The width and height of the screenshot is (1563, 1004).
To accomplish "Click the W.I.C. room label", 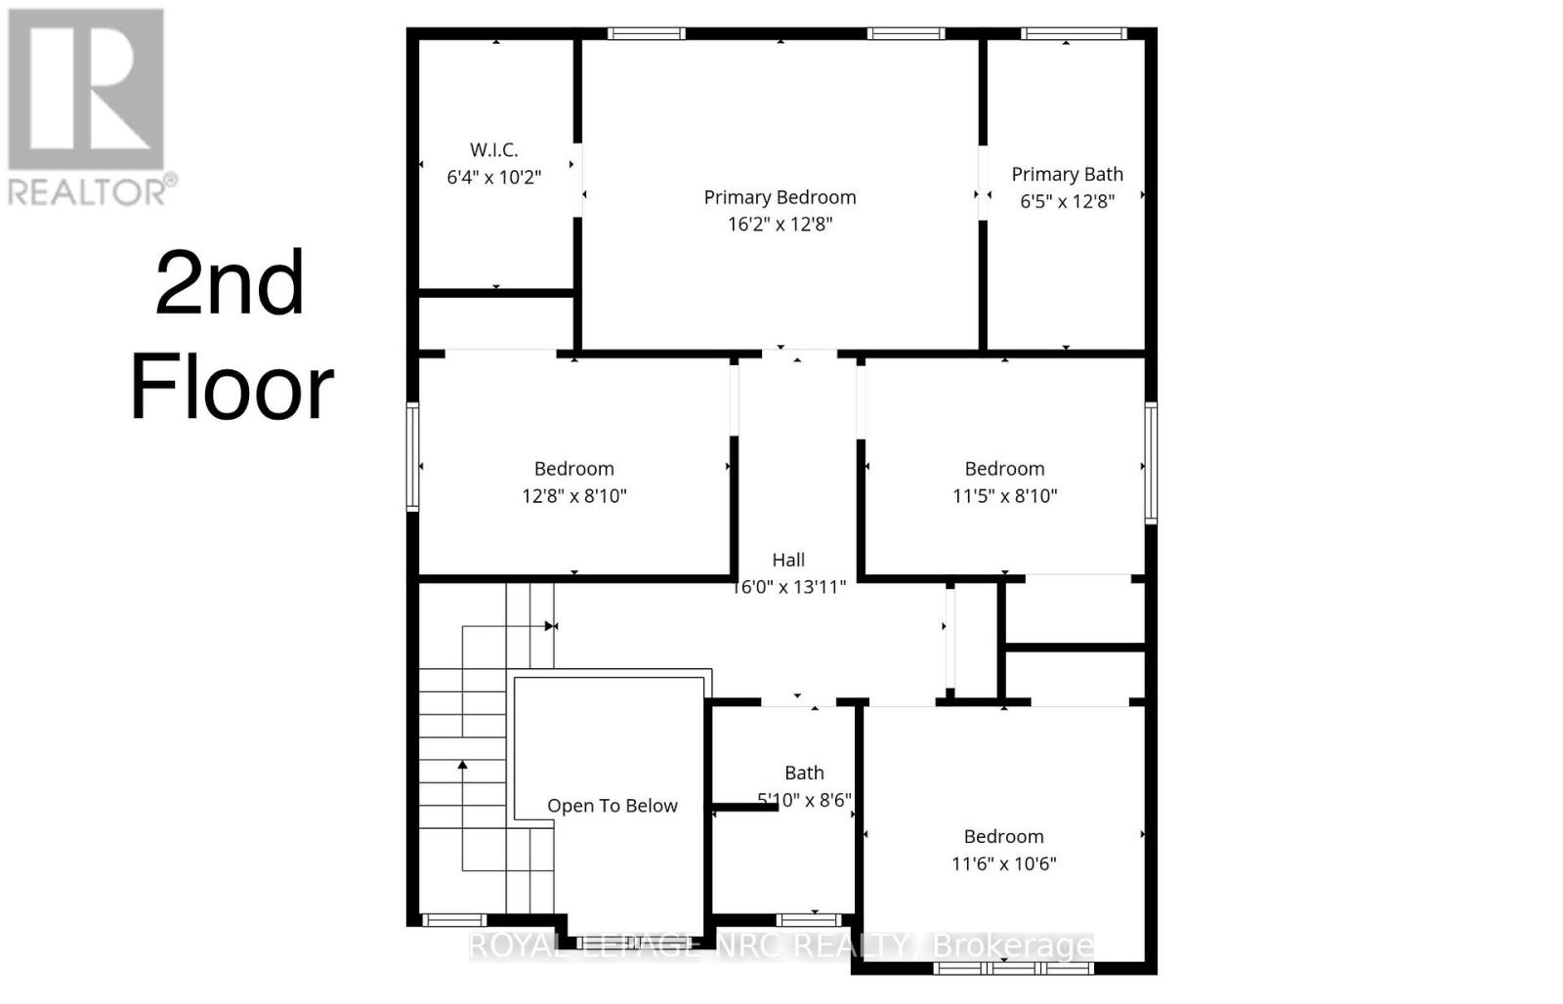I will pos(493,150).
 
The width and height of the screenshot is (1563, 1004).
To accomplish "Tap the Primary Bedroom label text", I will pos(780,197).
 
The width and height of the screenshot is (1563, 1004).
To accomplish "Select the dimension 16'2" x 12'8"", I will pos(780,225).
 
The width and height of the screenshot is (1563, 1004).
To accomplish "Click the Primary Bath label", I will pos(1067,175).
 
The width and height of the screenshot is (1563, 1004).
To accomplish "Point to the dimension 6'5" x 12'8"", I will pos(1067,201).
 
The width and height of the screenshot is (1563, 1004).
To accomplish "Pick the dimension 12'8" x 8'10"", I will pos(573,496).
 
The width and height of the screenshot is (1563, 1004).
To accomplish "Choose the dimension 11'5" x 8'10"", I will pos(1004,496).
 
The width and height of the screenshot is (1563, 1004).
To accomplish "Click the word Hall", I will pos(788,560).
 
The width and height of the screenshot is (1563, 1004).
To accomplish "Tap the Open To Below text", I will pos(612,806).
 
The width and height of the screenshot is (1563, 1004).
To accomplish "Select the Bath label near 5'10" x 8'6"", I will pos(804,774).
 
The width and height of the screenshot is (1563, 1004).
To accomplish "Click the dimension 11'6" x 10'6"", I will pos(1003,863).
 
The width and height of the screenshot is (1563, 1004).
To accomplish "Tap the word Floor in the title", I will pos(232,389).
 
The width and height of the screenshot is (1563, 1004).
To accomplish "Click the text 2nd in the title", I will pos(230,283).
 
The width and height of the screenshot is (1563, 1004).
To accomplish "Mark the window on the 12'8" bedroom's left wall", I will pos(412,456).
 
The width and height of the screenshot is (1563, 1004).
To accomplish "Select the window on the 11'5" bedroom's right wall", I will pos(1151,463).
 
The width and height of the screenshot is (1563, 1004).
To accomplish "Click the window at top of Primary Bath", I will pos(1073,34).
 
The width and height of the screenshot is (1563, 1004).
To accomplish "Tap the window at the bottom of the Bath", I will pos(809,919).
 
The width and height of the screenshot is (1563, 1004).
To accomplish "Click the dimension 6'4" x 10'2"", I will pos(493,178).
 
